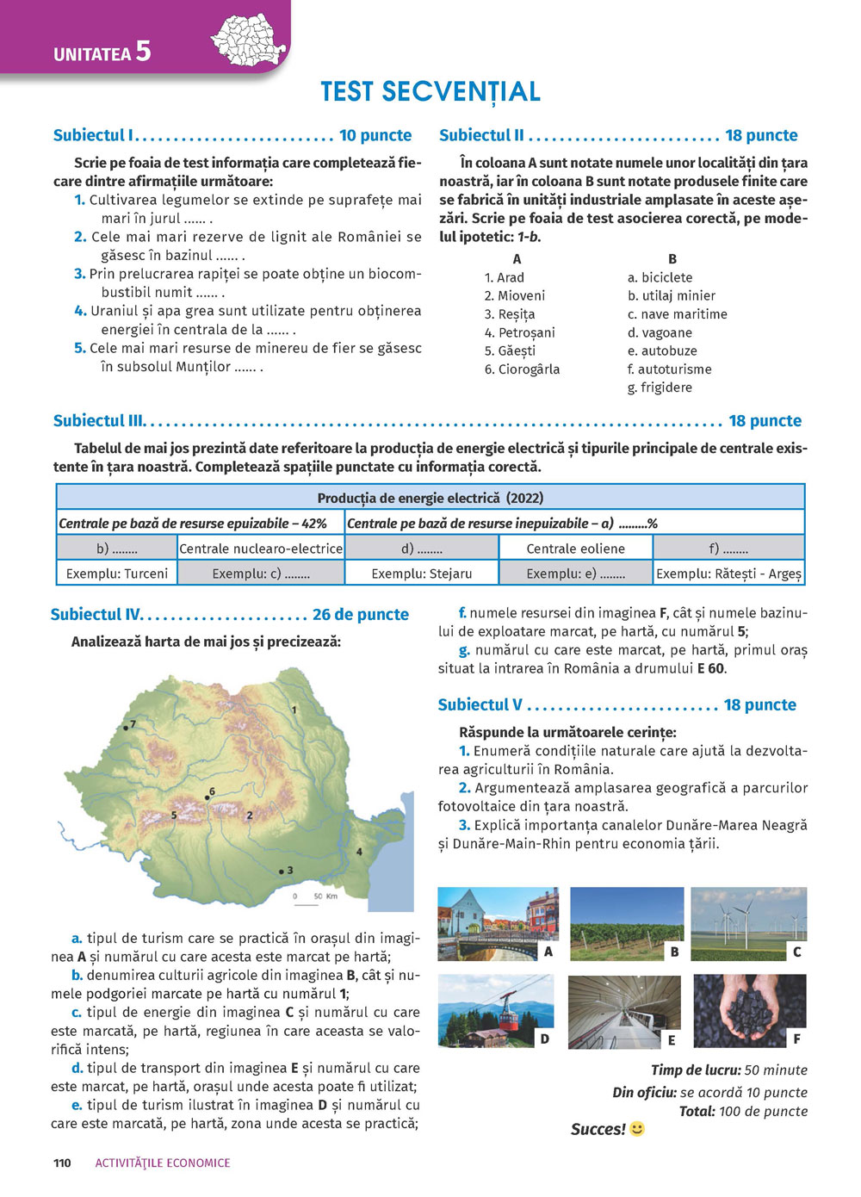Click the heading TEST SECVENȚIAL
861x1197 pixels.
coord(430,91)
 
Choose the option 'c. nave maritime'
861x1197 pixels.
coord(678,314)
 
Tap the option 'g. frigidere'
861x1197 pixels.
coord(660,388)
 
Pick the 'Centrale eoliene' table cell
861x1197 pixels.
coord(575,549)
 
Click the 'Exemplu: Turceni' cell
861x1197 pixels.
coord(117,574)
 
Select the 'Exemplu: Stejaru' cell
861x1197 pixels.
coord(422,574)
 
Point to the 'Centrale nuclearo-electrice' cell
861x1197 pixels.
coord(261,549)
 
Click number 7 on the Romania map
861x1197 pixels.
coord(133,724)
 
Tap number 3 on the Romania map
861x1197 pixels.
coord(289,870)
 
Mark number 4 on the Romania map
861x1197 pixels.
coord(359,852)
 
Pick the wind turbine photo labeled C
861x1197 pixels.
coord(748,923)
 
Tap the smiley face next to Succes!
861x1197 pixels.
coord(637,1128)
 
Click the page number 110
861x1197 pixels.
coord(62,1163)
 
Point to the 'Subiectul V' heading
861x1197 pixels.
coord(480,704)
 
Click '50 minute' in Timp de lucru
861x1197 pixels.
coord(776,1070)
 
